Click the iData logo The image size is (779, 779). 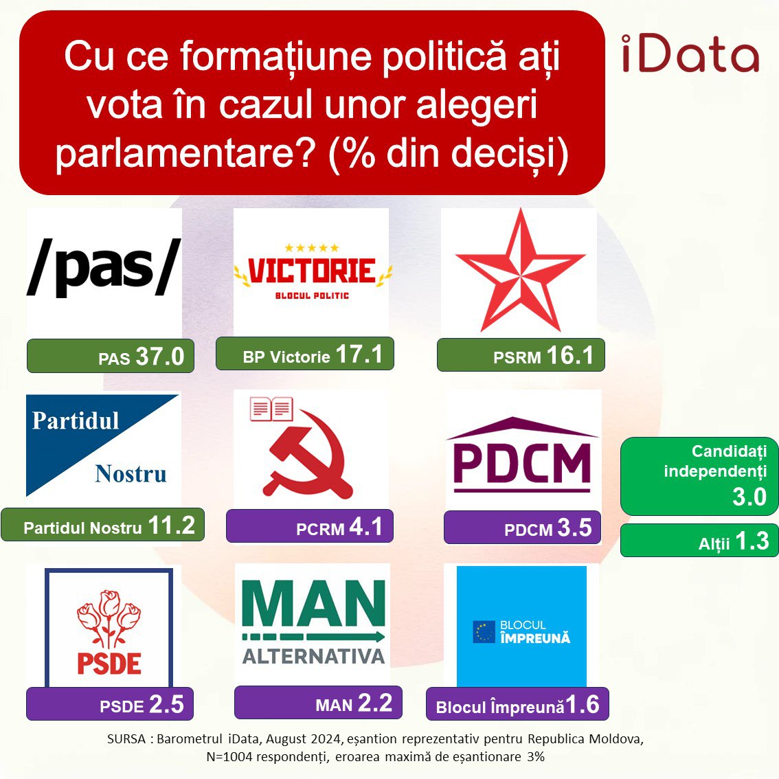pos(690,53)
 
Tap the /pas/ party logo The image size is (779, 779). pos(104,268)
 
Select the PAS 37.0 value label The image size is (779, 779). pos(111,356)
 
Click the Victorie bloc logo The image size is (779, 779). pos(313,271)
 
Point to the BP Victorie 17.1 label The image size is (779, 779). pos(304,354)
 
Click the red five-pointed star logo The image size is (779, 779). pos(519,271)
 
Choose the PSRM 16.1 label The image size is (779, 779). pos(521,354)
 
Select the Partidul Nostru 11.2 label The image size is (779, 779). pos(102,525)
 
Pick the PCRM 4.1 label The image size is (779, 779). pos(310,526)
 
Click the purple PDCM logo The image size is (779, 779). pos(522,455)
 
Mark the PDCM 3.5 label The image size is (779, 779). pos(522,527)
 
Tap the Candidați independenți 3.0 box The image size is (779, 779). pos(699,476)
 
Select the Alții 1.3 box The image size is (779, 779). pos(699,540)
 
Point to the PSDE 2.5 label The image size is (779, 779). pos(109,703)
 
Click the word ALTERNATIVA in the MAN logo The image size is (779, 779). pos(313,656)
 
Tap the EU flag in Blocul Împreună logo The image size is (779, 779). pos(484,632)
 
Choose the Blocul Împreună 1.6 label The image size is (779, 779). pos(517,704)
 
